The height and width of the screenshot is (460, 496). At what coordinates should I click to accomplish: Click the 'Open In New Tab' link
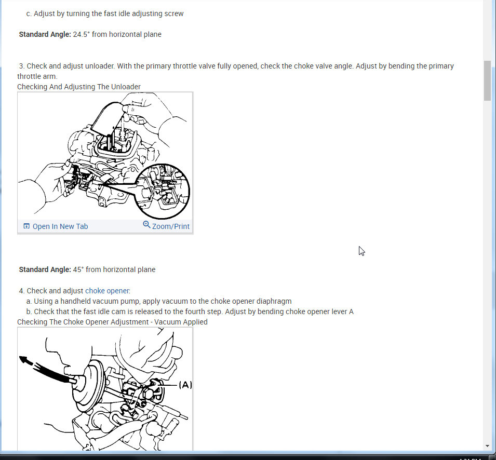(60, 226)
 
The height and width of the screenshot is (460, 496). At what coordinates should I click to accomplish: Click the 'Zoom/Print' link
(171, 226)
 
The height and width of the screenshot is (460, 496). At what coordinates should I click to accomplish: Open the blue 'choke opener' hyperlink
(107, 291)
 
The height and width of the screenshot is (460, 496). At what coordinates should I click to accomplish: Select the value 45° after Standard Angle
(78, 269)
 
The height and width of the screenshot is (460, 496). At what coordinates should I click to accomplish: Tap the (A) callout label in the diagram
(185, 385)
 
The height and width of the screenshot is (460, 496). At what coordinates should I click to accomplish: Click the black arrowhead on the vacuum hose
(24, 360)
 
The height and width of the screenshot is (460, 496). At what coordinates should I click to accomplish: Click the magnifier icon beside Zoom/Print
(146, 225)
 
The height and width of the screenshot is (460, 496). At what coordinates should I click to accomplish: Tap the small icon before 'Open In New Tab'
(26, 226)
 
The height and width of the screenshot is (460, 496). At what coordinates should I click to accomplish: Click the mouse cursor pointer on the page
(361, 251)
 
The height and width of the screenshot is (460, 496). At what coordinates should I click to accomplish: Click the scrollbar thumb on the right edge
(487, 80)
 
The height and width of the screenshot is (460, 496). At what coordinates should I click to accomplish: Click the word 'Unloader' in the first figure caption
(127, 87)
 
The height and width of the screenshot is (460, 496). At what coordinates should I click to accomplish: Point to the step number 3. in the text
(22, 66)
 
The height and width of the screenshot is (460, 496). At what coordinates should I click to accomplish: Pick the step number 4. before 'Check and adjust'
(22, 291)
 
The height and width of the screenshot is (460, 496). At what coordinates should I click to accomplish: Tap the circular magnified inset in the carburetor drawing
(162, 191)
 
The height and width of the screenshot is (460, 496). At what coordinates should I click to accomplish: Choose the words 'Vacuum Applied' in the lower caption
(181, 322)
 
